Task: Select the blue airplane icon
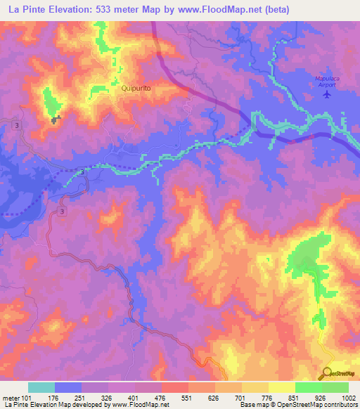tap(326, 93)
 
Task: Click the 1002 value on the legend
tap(349, 398)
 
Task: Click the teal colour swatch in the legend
tap(41, 387)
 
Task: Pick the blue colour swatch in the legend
tap(68, 387)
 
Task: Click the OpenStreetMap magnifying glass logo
tap(328, 373)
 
